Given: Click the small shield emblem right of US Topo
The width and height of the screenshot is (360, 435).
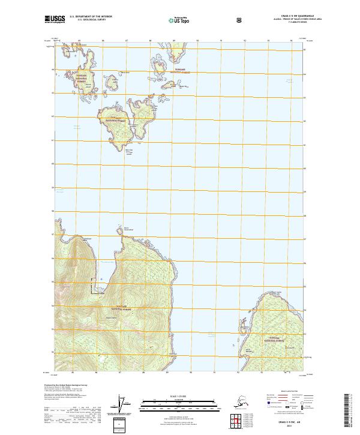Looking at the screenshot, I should (x=206, y=21).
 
